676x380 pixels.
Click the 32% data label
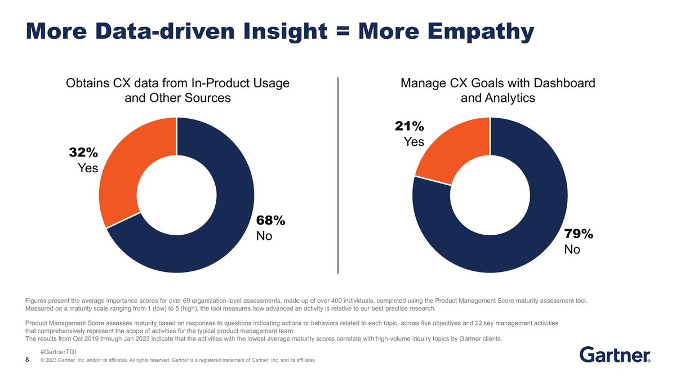point(83,153)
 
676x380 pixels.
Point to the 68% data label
point(271,221)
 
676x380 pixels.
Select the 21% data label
point(409,126)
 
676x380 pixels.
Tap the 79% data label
point(579,234)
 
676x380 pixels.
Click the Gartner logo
point(615,355)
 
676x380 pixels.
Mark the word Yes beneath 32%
point(87,168)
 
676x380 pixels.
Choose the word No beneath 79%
point(572,249)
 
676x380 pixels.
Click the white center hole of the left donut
point(177,195)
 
